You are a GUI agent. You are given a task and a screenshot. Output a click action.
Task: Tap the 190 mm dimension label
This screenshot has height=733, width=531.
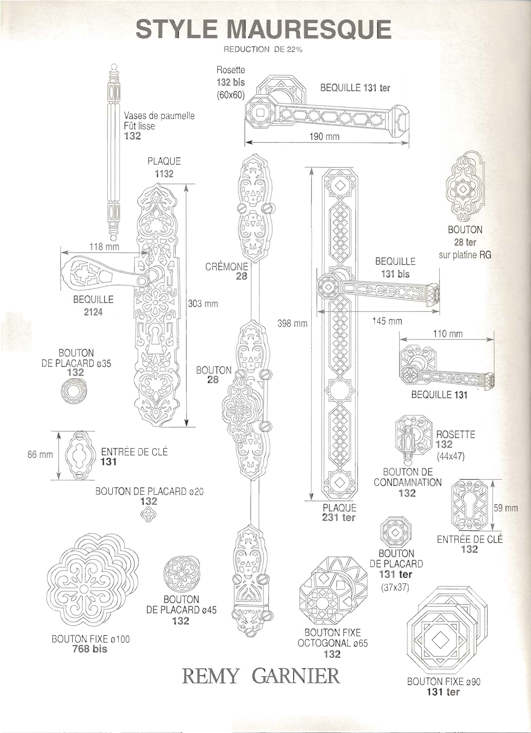click(x=325, y=136)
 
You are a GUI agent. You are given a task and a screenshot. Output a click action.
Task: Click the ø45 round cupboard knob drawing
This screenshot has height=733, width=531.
click(x=181, y=574)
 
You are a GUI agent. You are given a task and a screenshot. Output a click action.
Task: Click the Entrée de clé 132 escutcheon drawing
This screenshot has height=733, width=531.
click(x=469, y=505)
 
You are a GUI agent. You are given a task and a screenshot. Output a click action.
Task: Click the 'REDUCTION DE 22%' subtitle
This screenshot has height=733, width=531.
click(x=263, y=50)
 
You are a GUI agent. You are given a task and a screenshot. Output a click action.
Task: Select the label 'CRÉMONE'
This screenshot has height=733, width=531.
click(x=227, y=267)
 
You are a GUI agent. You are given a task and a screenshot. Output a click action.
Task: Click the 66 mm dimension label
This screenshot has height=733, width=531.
click(x=40, y=454)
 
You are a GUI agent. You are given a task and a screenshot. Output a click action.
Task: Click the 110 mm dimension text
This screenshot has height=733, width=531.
click(x=448, y=334)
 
